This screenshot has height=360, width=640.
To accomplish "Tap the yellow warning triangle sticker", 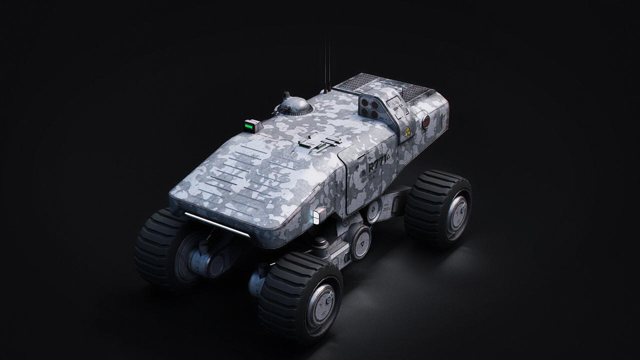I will (408, 131).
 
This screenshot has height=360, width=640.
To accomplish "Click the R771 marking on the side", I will (377, 167).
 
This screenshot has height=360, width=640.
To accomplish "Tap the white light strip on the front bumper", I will (217, 224).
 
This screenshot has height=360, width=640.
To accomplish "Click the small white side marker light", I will (316, 216).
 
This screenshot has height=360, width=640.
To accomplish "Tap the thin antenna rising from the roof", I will (327, 60).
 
